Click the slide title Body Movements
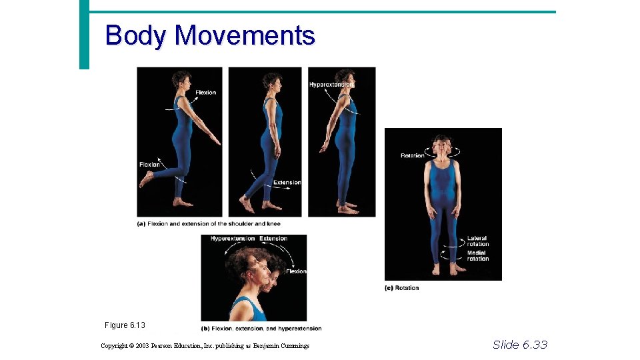tap(210, 35)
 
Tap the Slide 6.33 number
tap(519, 344)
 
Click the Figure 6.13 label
tap(125, 325)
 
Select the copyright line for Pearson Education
tap(205, 345)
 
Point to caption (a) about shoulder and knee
tap(209, 224)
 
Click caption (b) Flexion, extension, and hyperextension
tap(261, 328)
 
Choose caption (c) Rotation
tap(402, 288)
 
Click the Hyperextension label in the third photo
tap(331, 85)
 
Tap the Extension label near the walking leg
tap(287, 183)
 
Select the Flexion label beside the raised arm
tap(205, 93)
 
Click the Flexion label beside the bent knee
tap(149, 164)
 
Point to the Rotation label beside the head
tap(412, 155)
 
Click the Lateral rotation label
tap(477, 241)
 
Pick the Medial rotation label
tap(477, 256)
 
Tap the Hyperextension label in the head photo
tap(233, 239)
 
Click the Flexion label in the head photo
tap(296, 271)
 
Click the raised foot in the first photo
tap(146, 179)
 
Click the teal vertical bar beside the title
tap(84, 34)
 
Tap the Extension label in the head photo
tap(273, 239)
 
